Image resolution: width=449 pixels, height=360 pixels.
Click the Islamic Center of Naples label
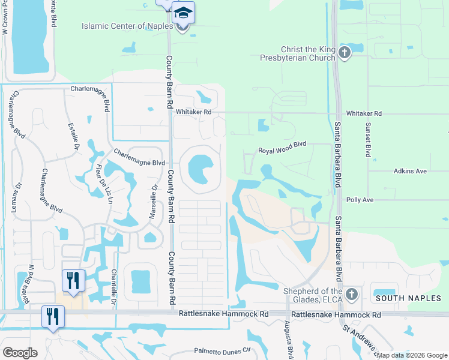click(x=130, y=26)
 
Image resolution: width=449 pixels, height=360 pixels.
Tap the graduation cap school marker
click(x=183, y=12)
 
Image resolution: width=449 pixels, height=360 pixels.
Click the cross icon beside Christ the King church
click(x=344, y=53)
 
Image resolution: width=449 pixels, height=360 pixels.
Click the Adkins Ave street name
click(x=410, y=171)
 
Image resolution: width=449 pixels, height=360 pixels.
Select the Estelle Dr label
click(x=71, y=137)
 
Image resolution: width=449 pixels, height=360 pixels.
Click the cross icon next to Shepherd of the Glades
click(x=352, y=295)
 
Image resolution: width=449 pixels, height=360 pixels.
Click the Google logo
click(x=20, y=353)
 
